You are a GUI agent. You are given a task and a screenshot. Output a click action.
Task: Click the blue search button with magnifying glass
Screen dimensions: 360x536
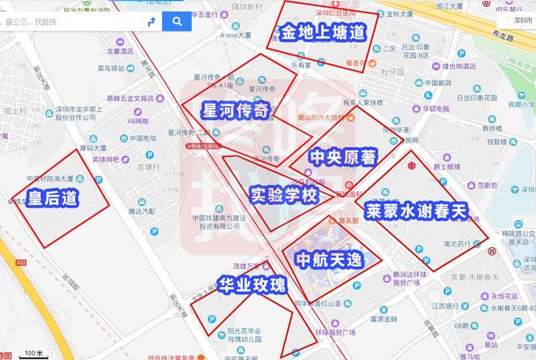[177, 21]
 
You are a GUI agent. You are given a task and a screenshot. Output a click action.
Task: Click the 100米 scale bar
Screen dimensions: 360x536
[33, 353]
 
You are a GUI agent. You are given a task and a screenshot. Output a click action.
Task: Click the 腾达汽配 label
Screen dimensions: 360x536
[141, 211]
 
